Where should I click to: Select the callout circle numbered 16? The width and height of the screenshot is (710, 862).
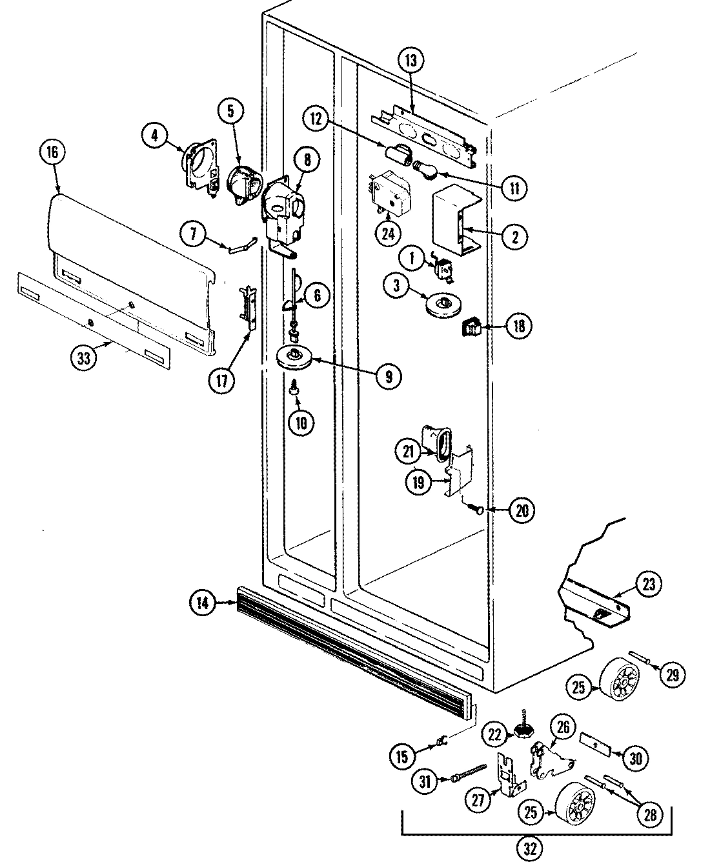pos(53,153)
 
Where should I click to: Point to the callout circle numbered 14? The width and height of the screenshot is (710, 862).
pos(202,603)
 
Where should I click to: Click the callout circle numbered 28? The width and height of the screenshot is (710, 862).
pos(649,815)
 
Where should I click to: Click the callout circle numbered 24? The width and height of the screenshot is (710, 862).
pos(387,233)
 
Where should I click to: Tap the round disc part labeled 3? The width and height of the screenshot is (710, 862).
pos(443,305)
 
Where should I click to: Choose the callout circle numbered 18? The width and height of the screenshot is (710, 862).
pos(519,326)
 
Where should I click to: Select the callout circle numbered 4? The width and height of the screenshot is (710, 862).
pos(155,136)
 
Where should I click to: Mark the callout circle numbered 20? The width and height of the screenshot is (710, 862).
pos(522,511)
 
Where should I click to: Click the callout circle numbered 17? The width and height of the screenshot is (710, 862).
pos(221,380)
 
